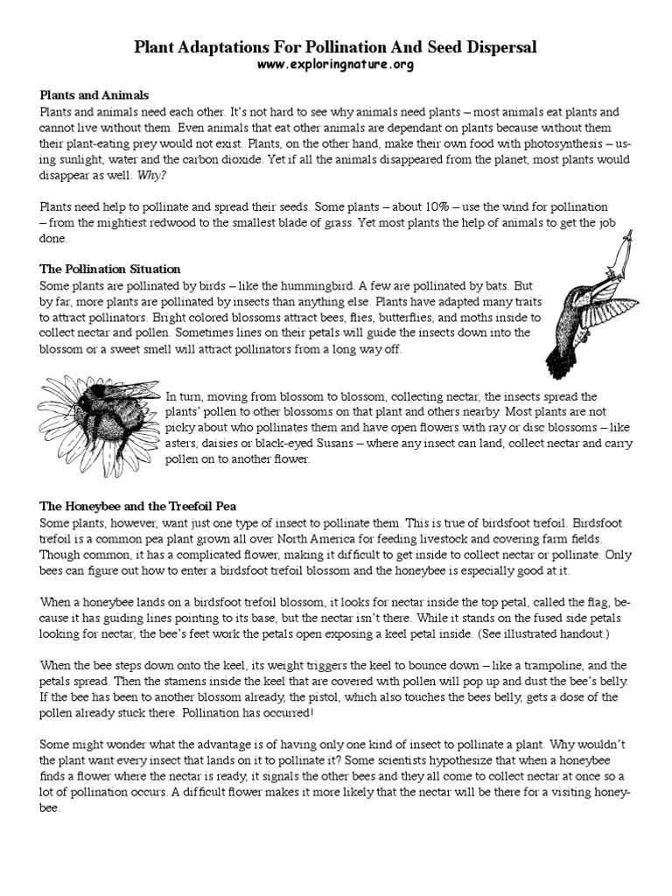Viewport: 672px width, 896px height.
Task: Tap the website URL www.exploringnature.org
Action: click(335, 65)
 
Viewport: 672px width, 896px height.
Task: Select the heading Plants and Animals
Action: click(94, 94)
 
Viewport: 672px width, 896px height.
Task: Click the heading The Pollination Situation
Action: click(110, 268)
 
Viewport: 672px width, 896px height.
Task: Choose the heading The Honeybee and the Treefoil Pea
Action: click(137, 506)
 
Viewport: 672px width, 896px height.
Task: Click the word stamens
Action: click(140, 681)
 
